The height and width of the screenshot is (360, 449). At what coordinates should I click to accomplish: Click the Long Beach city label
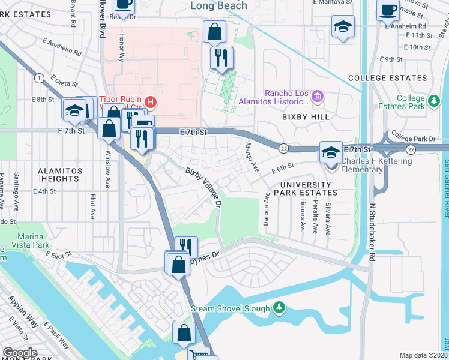point(218,5)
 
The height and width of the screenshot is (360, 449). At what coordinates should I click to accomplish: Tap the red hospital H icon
point(151,103)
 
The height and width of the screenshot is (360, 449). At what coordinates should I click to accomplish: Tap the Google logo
point(20,353)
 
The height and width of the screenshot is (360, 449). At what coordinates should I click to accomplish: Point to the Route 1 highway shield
point(39,77)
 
